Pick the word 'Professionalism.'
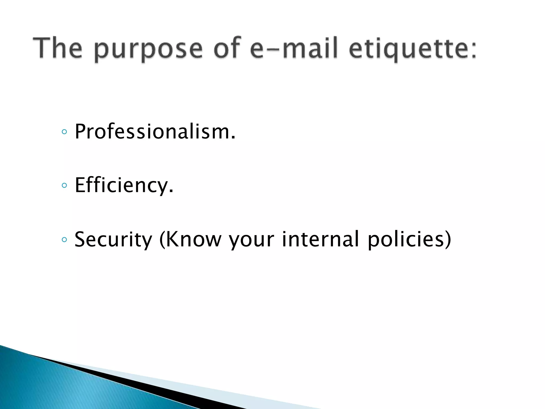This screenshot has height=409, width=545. (x=155, y=132)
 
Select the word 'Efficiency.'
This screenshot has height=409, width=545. (x=124, y=185)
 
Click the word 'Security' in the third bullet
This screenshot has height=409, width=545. (x=113, y=239)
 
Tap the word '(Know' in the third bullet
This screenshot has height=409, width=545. (x=190, y=239)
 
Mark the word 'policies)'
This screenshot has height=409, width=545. (x=409, y=239)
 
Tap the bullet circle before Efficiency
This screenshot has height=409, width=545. (x=64, y=186)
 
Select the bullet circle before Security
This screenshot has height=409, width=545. (x=64, y=240)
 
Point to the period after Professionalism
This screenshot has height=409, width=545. (x=233, y=138)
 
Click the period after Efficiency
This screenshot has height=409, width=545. (x=171, y=192)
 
